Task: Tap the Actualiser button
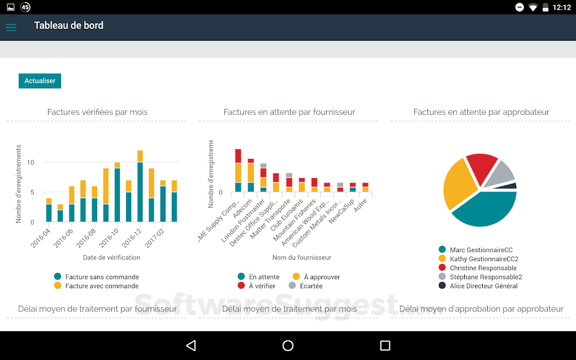pyautogui.click(x=40, y=81)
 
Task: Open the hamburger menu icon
pyautogui.click(x=11, y=27)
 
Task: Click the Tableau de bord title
pyautogui.click(x=68, y=25)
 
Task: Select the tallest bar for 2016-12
pyautogui.click(x=140, y=186)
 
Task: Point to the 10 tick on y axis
pyautogui.click(x=31, y=162)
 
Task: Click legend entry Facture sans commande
pyautogui.click(x=102, y=277)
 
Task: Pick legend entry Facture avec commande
pyautogui.click(x=102, y=286)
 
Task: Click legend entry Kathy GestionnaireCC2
pyautogui.click(x=484, y=259)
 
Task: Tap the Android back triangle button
pyautogui.click(x=191, y=345)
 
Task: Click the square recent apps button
pyautogui.click(x=385, y=345)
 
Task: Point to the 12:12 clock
pyautogui.click(x=561, y=7)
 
